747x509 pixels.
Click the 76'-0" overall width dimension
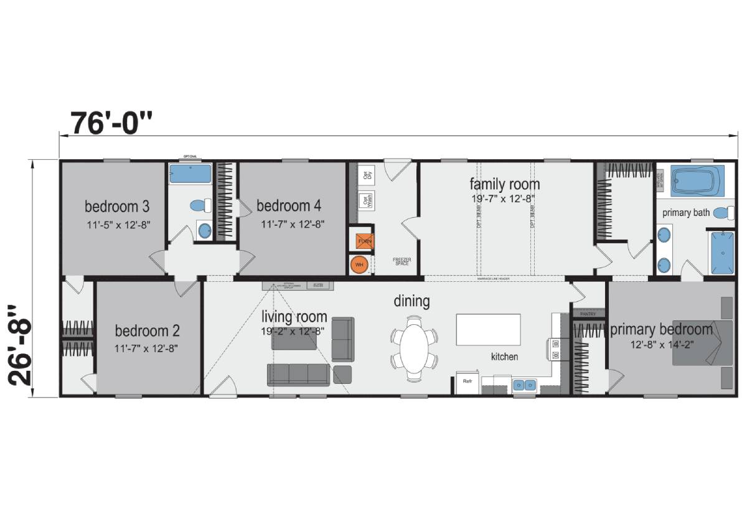[111, 123]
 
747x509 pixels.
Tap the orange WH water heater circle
[359, 264]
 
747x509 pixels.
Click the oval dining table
[414, 348]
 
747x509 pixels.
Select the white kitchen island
[489, 329]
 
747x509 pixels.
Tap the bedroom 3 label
[117, 206]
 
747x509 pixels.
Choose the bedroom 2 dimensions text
[147, 348]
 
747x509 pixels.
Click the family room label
[504, 184]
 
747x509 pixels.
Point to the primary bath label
[685, 213]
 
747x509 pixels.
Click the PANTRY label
[588, 314]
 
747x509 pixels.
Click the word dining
[411, 301]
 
